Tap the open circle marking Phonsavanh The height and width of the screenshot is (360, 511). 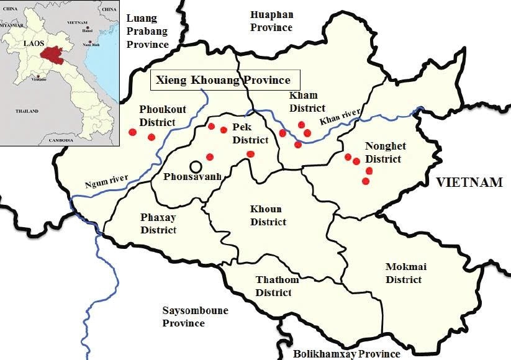point(196,166)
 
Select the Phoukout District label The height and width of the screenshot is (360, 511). point(157,115)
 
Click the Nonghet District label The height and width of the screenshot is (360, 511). point(385,153)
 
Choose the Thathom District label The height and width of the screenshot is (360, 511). point(278,286)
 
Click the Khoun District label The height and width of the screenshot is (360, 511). point(268,215)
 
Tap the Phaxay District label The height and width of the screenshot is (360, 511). point(158,224)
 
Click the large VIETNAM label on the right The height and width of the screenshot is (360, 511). point(468,182)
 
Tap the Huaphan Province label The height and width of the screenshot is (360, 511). point(271,20)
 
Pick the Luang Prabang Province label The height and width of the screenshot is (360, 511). point(148,31)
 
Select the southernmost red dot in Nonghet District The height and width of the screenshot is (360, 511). point(365,181)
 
